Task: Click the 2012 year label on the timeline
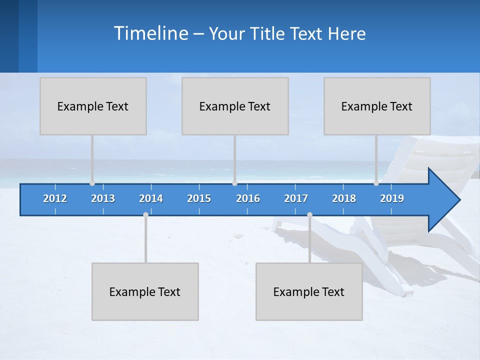(x=55, y=198)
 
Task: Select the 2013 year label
(x=103, y=198)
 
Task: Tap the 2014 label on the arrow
(x=151, y=198)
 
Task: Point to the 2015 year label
(x=199, y=198)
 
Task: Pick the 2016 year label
(x=248, y=198)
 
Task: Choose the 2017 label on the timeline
(x=296, y=198)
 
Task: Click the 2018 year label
(x=344, y=198)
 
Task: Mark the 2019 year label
(x=392, y=198)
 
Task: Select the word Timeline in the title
(x=150, y=33)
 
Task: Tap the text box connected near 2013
(x=93, y=106)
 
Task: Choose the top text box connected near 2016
(x=235, y=106)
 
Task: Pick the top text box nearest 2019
(x=377, y=106)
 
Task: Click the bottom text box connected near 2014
(x=145, y=291)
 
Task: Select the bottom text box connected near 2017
(x=309, y=291)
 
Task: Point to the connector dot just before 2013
(x=92, y=183)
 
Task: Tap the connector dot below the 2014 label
(x=145, y=215)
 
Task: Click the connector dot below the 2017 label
(x=309, y=215)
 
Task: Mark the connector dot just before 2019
(x=376, y=183)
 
